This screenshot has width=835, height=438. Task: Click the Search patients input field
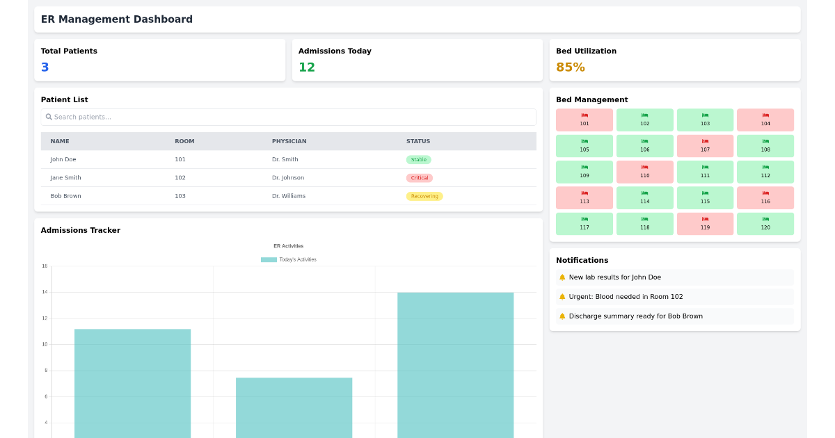288,117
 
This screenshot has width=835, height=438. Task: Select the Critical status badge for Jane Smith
419,178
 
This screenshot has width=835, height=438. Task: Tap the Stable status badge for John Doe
418,160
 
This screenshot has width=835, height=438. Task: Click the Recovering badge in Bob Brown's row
424,196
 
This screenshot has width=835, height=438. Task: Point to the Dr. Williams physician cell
289,196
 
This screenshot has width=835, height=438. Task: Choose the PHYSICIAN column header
289,141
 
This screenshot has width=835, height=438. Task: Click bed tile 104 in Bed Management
765,120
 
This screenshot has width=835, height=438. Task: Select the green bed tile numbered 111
705,172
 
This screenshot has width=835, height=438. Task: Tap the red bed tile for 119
705,224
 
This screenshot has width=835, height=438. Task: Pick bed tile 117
584,224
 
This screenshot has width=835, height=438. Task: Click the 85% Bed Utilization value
570,67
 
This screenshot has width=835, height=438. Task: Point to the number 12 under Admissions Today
307,67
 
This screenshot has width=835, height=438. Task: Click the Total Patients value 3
45,67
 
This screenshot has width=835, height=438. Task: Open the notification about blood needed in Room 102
626,297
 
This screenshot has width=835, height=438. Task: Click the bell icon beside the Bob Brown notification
562,316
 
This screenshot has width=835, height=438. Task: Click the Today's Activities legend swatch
269,259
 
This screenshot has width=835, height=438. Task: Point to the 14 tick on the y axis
45,292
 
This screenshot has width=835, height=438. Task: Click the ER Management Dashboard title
117,19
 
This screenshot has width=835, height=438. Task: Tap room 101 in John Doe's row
180,160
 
